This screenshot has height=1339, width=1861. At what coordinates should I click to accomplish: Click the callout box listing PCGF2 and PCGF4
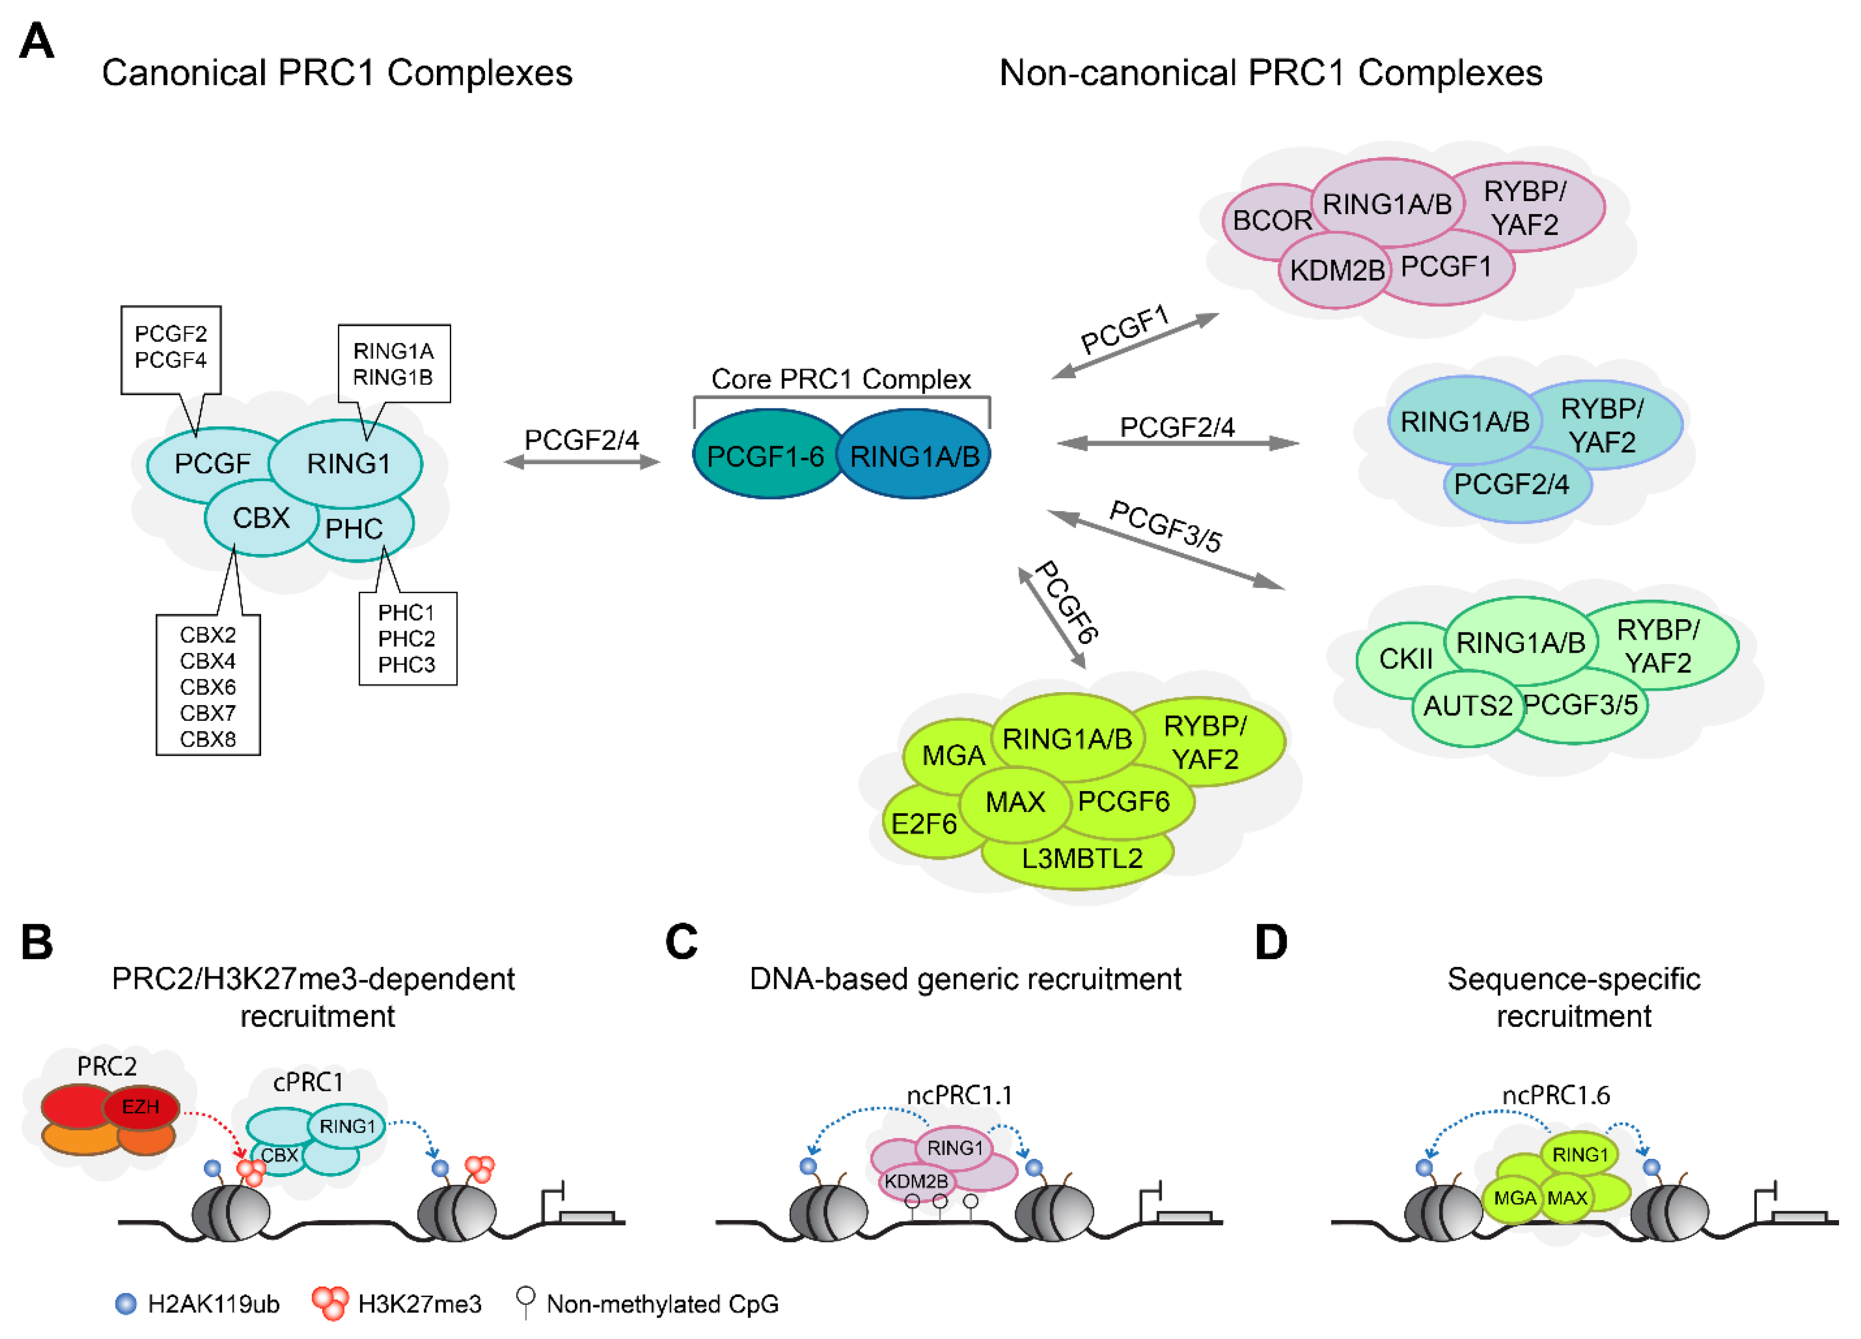170,348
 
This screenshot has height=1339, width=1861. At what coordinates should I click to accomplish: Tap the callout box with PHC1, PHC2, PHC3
407,639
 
